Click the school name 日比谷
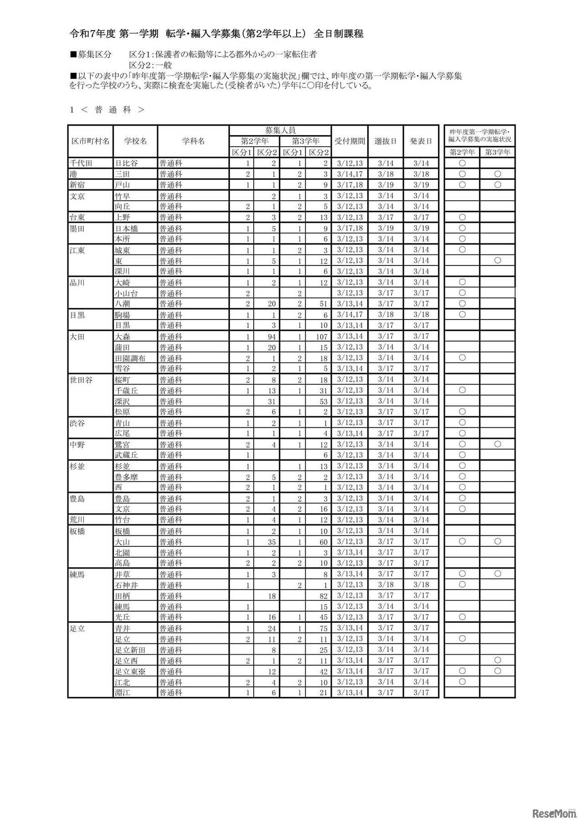[127, 163]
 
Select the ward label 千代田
[81, 163]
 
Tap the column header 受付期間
[349, 141]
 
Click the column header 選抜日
[385, 141]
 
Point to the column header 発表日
[420, 141]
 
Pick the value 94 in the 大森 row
[271, 336]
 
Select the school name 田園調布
[130, 358]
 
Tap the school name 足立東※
[129, 671]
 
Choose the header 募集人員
[280, 130]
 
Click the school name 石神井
[127, 585]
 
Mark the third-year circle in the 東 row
[497, 260]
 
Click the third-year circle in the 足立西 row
[497, 660]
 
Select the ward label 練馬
[77, 575]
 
